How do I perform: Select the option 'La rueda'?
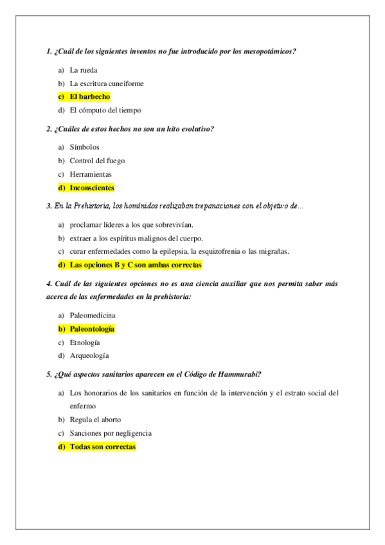tap(84, 70)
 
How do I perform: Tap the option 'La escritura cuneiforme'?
tap(107, 84)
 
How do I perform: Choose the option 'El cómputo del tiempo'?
tap(105, 110)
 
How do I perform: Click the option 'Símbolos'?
tap(85, 147)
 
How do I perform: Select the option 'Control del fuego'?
tap(97, 161)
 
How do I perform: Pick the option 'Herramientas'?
tap(91, 174)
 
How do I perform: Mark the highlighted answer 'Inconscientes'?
tap(92, 188)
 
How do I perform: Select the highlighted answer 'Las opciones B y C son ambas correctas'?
tap(136, 264)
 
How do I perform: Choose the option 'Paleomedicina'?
tap(93, 316)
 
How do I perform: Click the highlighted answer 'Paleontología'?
tap(92, 328)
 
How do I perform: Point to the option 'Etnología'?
tap(85, 342)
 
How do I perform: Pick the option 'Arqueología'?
tap(89, 355)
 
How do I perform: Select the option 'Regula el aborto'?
tap(95, 420)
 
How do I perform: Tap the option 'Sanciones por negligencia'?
tap(111, 433)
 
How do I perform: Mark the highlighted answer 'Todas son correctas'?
tap(103, 447)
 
